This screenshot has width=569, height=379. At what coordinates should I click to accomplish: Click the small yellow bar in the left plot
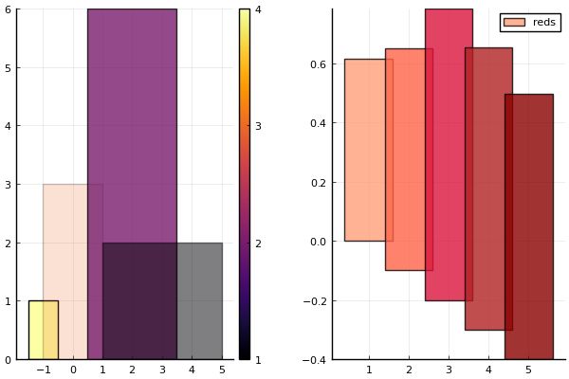pyautogui.click(x=43, y=330)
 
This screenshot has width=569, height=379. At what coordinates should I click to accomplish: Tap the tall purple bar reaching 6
pyautogui.click(x=132, y=123)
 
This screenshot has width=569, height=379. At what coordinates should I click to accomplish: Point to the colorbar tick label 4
pyautogui.click(x=258, y=9)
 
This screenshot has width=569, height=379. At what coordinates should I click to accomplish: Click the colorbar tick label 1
pyautogui.click(x=258, y=359)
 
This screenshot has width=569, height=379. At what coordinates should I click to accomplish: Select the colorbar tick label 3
pyautogui.click(x=258, y=126)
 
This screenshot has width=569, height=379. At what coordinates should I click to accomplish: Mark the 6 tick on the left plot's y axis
pyautogui.click(x=8, y=9)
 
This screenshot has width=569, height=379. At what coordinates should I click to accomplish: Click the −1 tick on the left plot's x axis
pyautogui.click(x=43, y=370)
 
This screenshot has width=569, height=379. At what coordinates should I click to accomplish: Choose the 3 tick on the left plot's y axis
pyautogui.click(x=8, y=185)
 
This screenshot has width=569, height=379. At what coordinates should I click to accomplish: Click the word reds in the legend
pyautogui.click(x=544, y=22)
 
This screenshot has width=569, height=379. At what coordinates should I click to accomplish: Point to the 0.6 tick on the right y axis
pyautogui.click(x=316, y=64)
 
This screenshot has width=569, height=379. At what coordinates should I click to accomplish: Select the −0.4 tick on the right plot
pyautogui.click(x=314, y=359)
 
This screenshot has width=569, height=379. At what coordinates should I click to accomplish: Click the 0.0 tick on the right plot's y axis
pyautogui.click(x=316, y=241)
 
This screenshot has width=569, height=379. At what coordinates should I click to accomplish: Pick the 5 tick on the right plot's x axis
pyautogui.click(x=528, y=370)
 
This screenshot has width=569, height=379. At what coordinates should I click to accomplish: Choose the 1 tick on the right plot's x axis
pyautogui.click(x=368, y=370)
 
